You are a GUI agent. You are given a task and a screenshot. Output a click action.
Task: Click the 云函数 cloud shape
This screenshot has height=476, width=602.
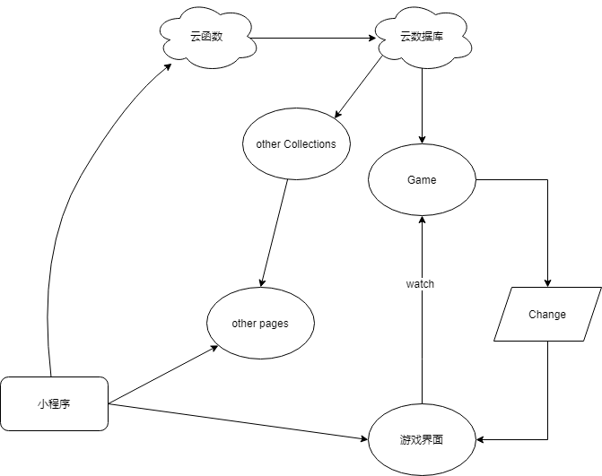205,38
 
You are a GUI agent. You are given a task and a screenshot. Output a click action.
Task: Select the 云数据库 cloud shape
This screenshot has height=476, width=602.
421,38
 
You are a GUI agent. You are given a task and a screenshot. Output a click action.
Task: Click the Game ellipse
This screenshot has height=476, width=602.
422,180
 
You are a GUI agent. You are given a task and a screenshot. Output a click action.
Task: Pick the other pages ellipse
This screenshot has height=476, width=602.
260,324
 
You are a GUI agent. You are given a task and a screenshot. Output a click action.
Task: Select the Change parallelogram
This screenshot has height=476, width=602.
547,315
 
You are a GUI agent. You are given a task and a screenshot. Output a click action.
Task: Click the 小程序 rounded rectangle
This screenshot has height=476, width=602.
54,404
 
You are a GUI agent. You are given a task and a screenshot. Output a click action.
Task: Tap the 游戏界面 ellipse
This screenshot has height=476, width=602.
422,440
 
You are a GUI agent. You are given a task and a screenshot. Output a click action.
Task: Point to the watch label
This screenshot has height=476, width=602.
420,284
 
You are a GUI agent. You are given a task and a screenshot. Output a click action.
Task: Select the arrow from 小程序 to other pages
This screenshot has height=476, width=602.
161,376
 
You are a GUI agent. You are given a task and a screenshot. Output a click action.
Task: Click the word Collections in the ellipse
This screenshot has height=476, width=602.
310,144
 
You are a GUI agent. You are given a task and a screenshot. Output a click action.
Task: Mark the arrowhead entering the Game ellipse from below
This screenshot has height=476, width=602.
422,222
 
